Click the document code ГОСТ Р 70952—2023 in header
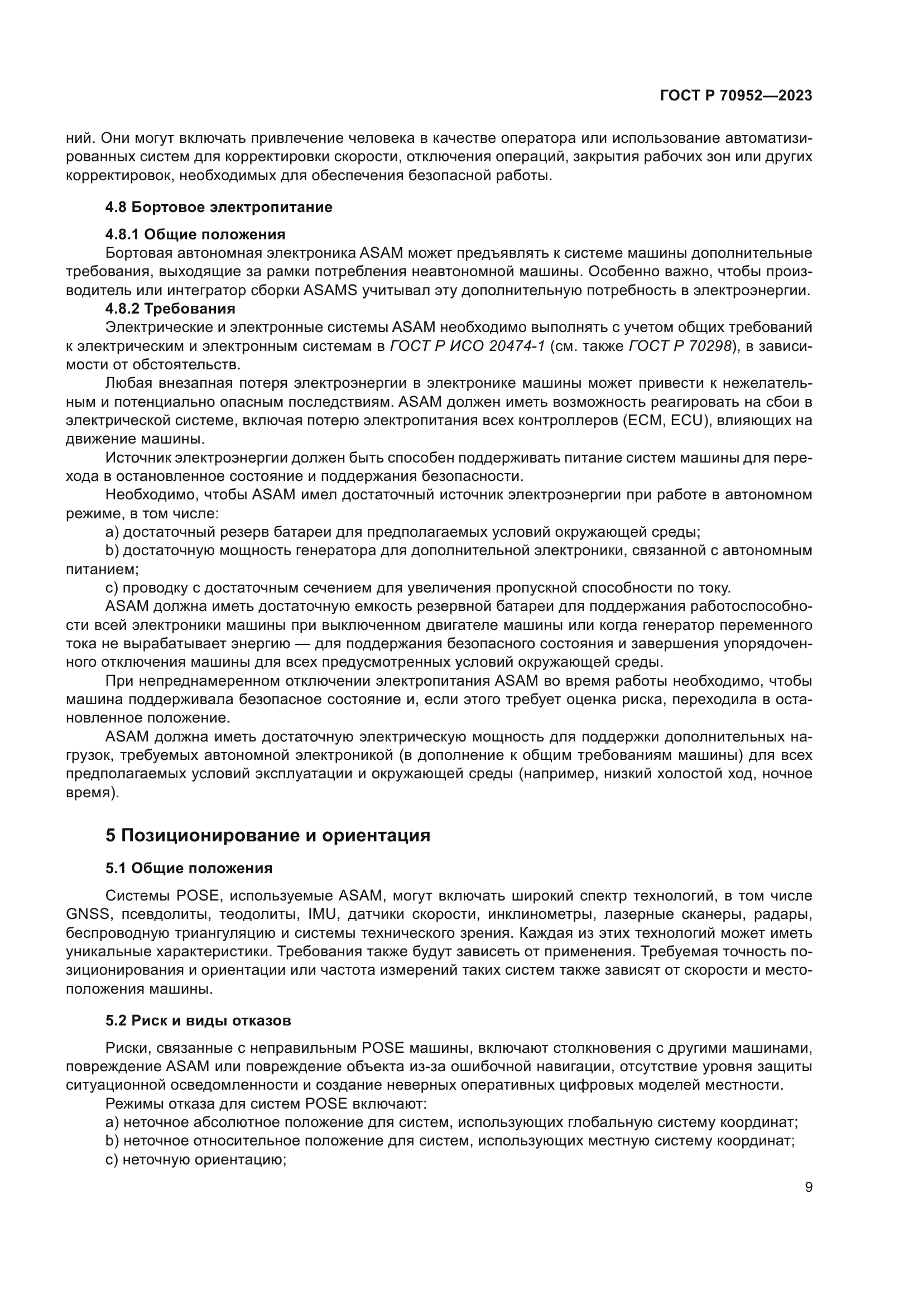pyautogui.click(x=736, y=95)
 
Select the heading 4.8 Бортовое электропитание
pyautogui.click(x=219, y=207)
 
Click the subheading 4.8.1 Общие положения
pyautogui.click(x=195, y=234)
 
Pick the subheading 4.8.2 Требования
pyautogui.click(x=170, y=309)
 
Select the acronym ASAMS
pyautogui.click(x=330, y=291)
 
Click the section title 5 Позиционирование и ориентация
pyautogui.click(x=268, y=835)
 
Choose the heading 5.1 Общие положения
pyautogui.click(x=189, y=868)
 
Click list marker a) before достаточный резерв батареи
pyautogui.click(x=112, y=532)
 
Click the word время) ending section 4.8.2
pyautogui.click(x=93, y=792)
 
